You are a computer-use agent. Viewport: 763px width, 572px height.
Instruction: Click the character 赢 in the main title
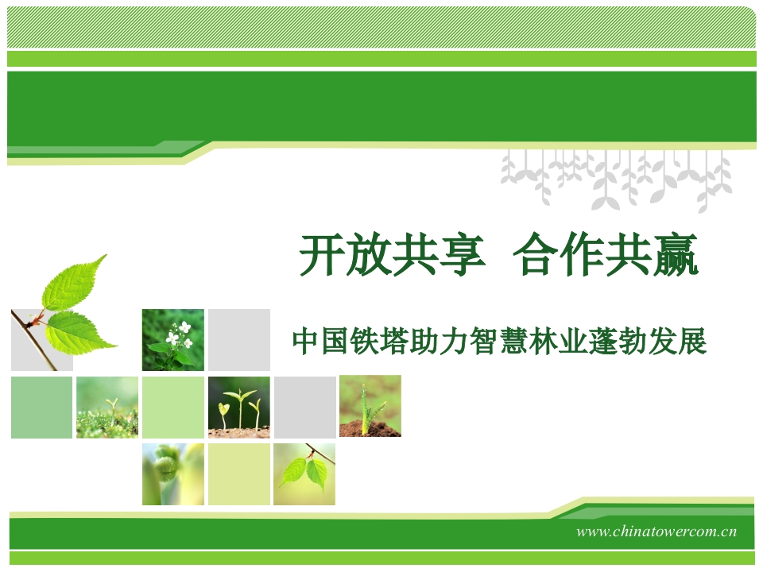click(x=676, y=254)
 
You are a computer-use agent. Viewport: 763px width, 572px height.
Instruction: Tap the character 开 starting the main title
click(x=322, y=254)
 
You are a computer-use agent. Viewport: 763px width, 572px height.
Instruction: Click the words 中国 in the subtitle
click(x=322, y=341)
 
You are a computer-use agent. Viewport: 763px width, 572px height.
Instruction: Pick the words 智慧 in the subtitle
click(x=499, y=341)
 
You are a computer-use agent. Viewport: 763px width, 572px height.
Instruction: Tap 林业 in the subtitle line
click(x=559, y=341)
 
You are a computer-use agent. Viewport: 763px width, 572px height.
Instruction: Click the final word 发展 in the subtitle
click(x=677, y=341)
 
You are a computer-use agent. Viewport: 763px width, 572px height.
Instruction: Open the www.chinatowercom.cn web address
click(x=656, y=531)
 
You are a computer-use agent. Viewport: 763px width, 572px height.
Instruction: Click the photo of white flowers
click(x=173, y=339)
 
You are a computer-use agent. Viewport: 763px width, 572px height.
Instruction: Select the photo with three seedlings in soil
click(x=239, y=407)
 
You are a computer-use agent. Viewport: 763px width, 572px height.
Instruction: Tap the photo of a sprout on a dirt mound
click(x=370, y=406)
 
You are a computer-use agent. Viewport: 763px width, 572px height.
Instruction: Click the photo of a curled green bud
click(x=173, y=473)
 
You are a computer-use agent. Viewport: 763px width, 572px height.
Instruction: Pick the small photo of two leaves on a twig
click(x=304, y=473)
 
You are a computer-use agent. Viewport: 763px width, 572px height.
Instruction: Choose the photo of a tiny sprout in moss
click(x=107, y=407)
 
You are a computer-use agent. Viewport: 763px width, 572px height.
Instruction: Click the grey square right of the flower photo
click(x=239, y=339)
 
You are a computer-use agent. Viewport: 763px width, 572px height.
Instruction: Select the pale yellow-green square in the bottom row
click(x=239, y=473)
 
